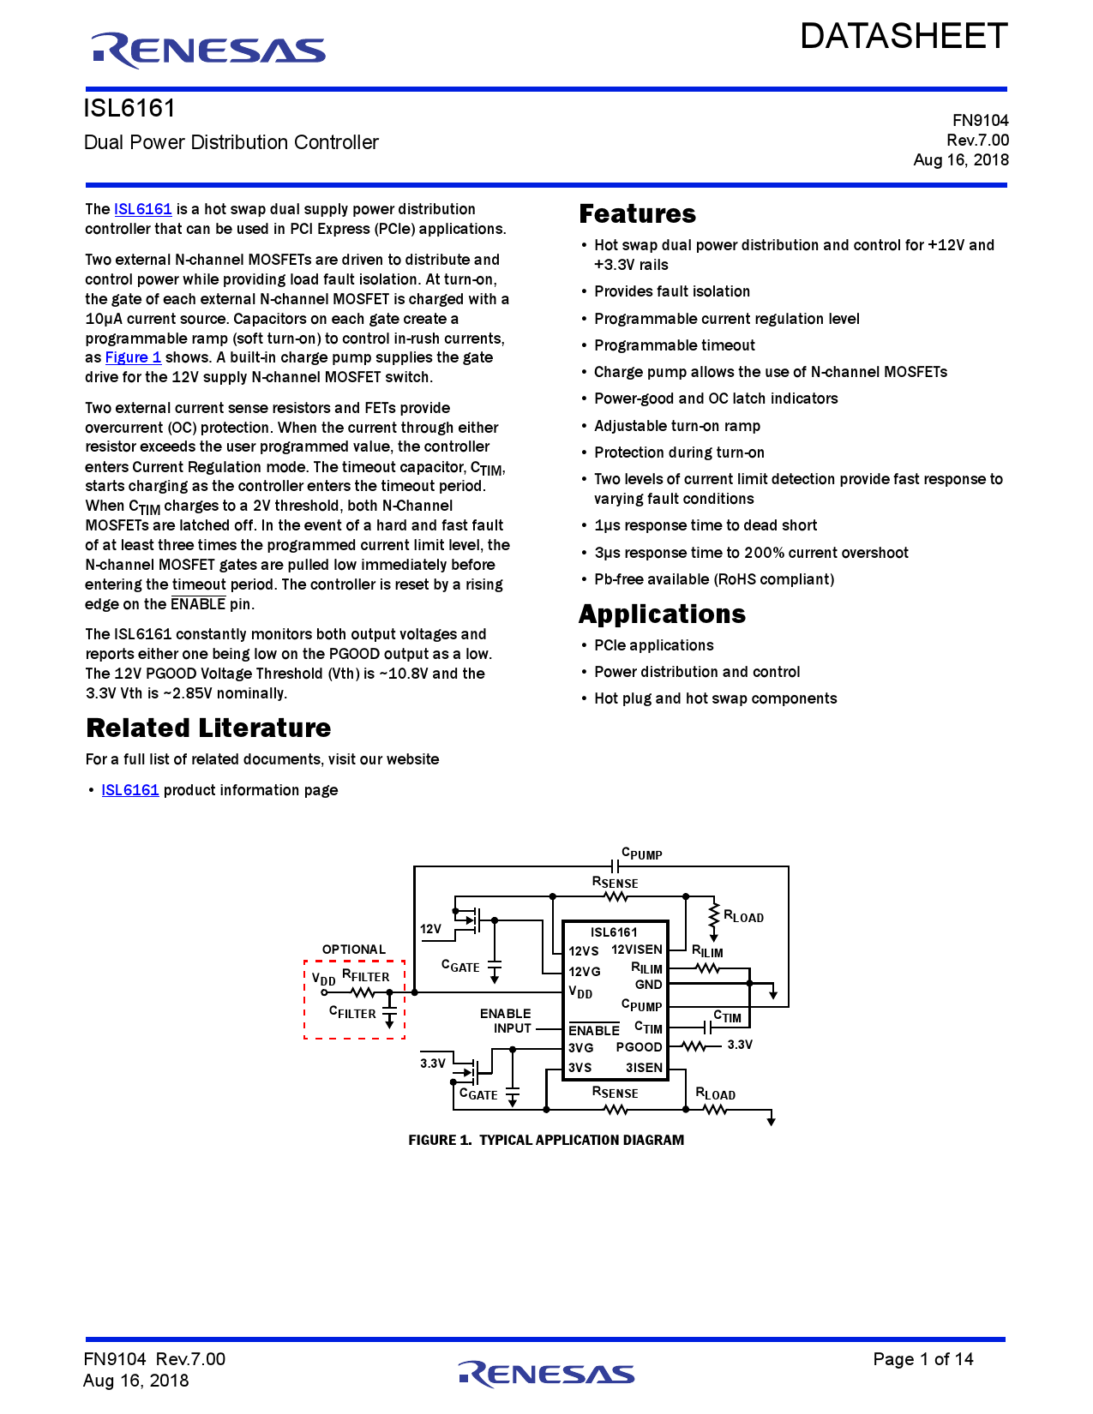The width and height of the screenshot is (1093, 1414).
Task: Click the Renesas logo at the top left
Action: pyautogui.click(x=208, y=51)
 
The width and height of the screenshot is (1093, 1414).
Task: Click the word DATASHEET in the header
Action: pyautogui.click(x=904, y=36)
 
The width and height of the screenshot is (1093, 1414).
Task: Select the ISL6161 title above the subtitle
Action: pyautogui.click(x=129, y=109)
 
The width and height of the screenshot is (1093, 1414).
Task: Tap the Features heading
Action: pyautogui.click(x=637, y=214)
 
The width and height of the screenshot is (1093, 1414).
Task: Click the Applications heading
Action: pyautogui.click(x=662, y=614)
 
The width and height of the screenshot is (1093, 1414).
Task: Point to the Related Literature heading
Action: pyautogui.click(x=208, y=728)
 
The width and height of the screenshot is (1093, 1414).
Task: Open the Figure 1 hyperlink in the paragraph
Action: pyautogui.click(x=133, y=357)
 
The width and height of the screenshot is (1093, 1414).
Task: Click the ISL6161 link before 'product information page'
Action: pyautogui.click(x=130, y=790)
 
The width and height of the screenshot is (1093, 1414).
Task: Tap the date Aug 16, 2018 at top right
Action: pyautogui.click(x=960, y=160)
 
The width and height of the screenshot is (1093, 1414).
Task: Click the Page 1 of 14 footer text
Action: pyautogui.click(x=922, y=1359)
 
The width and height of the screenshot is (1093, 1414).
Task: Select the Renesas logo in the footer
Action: pyautogui.click(x=546, y=1374)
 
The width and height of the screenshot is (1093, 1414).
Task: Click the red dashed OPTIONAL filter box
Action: pyautogui.click(x=354, y=999)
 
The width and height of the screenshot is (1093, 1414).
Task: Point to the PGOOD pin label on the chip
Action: pyautogui.click(x=639, y=1047)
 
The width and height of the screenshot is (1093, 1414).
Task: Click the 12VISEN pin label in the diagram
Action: pyautogui.click(x=636, y=950)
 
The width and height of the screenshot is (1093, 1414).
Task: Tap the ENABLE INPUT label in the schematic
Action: pyautogui.click(x=506, y=1021)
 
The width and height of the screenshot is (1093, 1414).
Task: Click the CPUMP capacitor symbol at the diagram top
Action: pyautogui.click(x=616, y=866)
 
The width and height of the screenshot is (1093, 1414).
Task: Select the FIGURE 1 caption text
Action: pyautogui.click(x=546, y=1140)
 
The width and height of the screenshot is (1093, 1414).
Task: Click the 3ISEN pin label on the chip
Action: pyautogui.click(x=644, y=1068)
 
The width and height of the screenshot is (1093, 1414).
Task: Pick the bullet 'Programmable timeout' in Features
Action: pyautogui.click(x=675, y=345)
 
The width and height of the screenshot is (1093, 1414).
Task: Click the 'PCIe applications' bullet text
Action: pyautogui.click(x=653, y=645)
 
